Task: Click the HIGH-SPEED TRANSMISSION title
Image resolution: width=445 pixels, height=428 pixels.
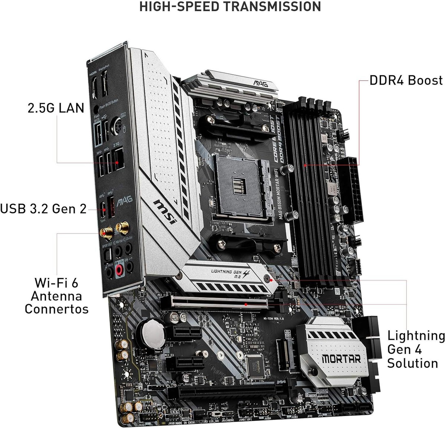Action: [230, 7]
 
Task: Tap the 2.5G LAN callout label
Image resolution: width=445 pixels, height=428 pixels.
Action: [56, 108]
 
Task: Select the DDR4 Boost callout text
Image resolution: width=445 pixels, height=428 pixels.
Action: [406, 80]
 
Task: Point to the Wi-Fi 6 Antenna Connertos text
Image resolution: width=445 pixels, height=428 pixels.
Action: [56, 296]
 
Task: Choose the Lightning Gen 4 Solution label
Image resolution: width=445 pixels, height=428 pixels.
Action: [416, 349]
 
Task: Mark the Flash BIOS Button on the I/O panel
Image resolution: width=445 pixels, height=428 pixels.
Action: [97, 110]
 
